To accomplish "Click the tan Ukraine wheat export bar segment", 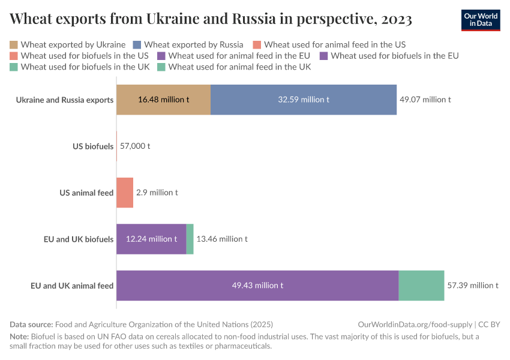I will [x=163, y=100].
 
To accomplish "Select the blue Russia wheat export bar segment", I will [x=303, y=100].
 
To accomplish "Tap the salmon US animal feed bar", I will [x=124, y=193].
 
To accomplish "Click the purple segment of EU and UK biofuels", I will [x=151, y=239].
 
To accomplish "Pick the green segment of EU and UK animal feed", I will [x=421, y=286].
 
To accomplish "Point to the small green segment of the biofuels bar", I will [x=190, y=239].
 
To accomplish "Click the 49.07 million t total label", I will [x=425, y=100].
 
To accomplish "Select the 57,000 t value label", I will [x=135, y=146].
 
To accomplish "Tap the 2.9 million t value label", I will [x=157, y=193].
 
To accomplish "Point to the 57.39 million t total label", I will [x=473, y=286].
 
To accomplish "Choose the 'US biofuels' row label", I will [x=93, y=146].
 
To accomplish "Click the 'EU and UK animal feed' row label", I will [x=72, y=286].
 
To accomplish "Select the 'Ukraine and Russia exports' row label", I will [x=65, y=100].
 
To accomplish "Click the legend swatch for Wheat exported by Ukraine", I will [x=14, y=44].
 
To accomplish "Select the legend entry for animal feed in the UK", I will [x=239, y=67].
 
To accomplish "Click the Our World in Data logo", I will [x=481, y=20].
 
